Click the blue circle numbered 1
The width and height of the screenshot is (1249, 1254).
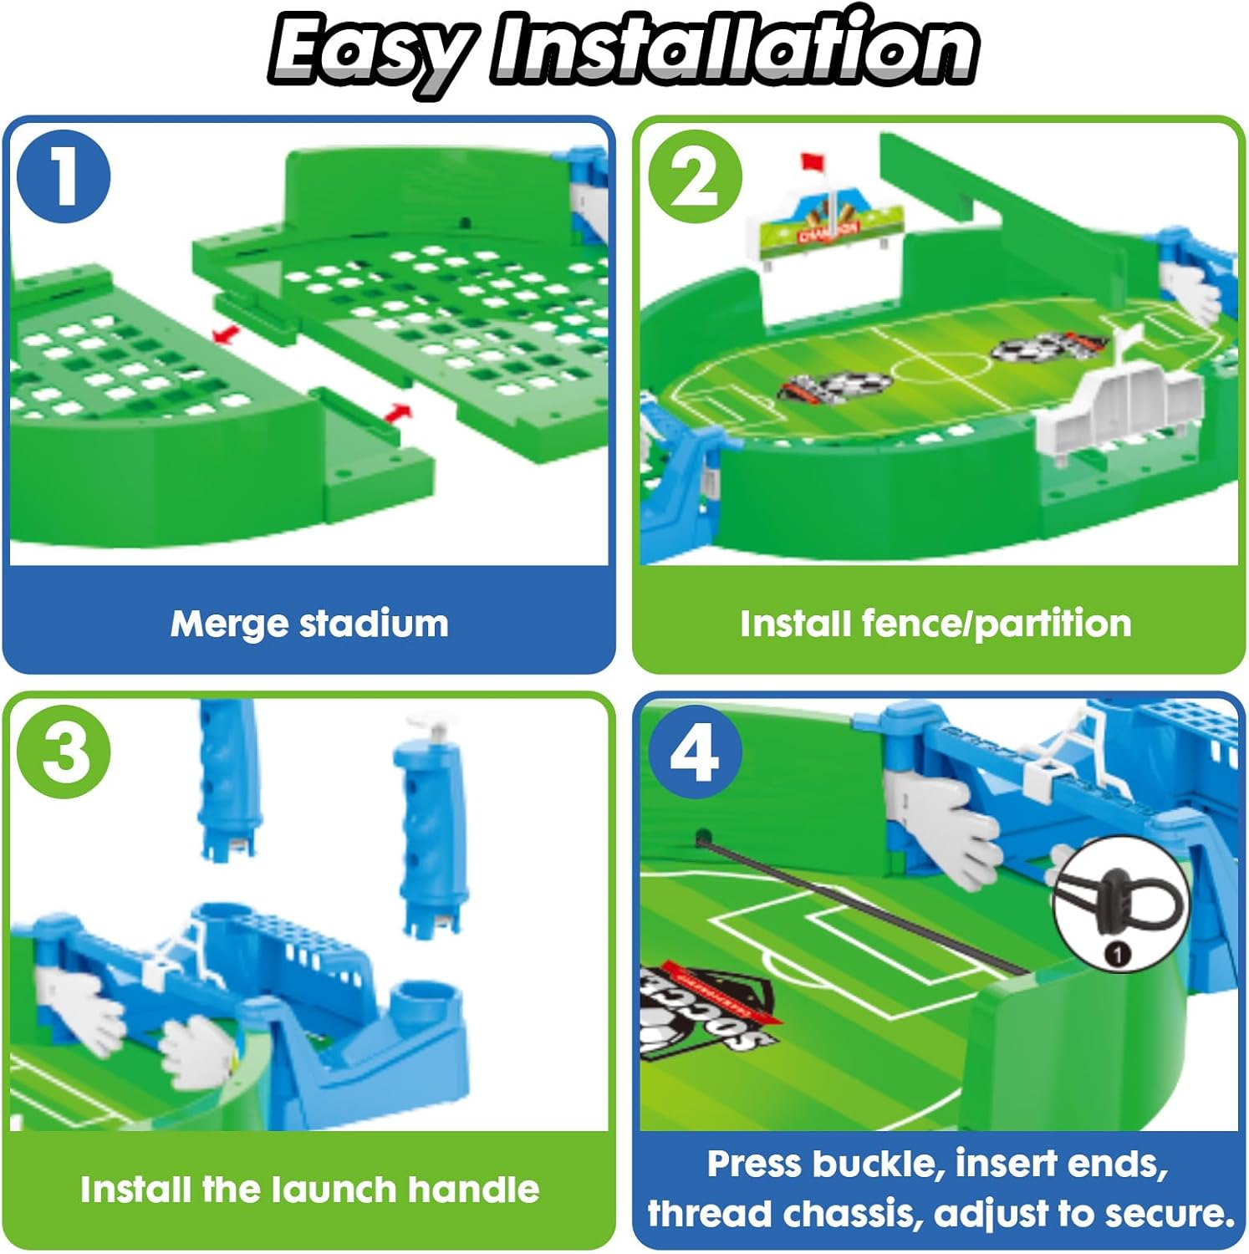tap(64, 176)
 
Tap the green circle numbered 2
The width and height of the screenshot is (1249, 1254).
tap(695, 176)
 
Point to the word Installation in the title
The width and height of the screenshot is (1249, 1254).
tap(734, 47)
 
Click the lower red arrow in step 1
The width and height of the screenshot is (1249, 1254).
tap(399, 413)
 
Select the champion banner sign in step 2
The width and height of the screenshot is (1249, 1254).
tap(825, 226)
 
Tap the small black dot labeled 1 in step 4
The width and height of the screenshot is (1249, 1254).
tap(1118, 954)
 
